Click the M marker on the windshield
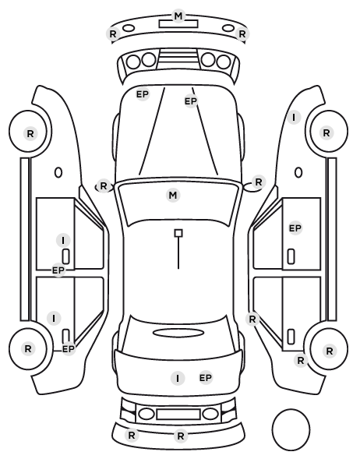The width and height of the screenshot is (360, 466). tap(173, 196)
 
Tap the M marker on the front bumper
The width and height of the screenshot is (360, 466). tap(178, 16)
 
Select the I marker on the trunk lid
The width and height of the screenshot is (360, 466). tap(178, 378)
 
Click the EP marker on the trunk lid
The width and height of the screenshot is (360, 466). tap(206, 378)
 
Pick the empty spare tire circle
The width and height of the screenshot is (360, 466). tap(291, 429)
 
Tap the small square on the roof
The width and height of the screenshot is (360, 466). tap(178, 233)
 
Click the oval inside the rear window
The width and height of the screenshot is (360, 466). tap(178, 333)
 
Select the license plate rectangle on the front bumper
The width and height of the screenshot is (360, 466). tap(178, 24)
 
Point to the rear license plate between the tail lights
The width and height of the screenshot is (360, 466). tap(178, 415)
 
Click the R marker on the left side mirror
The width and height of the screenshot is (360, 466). tap(103, 186)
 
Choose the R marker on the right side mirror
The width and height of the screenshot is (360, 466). tap(259, 182)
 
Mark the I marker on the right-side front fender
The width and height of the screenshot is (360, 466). tap(294, 118)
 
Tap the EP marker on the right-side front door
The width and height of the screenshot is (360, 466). tap(295, 228)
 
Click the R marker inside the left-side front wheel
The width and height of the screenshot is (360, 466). tap(30, 134)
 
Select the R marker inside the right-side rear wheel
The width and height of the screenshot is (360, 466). tap(329, 351)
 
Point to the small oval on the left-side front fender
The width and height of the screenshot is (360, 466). tap(58, 172)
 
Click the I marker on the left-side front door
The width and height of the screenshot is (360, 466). tap(63, 240)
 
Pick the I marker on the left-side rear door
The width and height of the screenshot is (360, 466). tap(54, 318)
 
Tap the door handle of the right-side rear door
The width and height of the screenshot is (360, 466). tap(291, 337)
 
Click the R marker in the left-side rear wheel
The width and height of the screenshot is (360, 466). tap(28, 348)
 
